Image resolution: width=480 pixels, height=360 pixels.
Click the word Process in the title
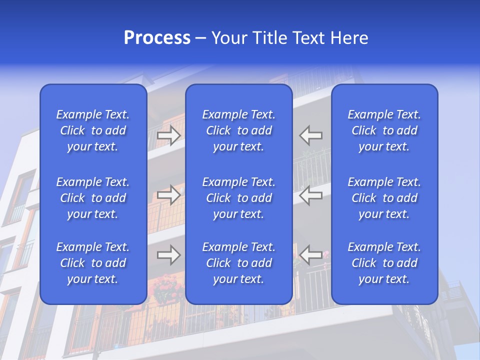157,38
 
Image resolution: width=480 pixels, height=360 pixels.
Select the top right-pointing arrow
169,135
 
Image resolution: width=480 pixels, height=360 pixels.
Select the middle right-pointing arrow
169,195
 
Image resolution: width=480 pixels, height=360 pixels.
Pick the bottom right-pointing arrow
169,255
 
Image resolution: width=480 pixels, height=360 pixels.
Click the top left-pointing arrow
311,135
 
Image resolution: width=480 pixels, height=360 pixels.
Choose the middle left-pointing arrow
311,195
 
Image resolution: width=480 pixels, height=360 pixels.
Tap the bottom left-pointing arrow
311,255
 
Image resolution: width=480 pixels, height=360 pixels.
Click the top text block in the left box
93,130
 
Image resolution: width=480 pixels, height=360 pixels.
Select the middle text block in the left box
93,198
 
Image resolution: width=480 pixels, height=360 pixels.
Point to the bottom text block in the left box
93,263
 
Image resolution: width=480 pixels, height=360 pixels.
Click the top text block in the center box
239,130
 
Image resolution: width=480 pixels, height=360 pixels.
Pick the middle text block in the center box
239,198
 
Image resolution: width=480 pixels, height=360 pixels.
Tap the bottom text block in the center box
239,263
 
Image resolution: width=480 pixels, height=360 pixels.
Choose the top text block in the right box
384,130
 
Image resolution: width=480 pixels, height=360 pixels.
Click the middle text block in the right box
384,198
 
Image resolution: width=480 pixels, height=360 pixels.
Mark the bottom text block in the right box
384,263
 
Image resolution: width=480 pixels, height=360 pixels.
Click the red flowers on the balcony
167,290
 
